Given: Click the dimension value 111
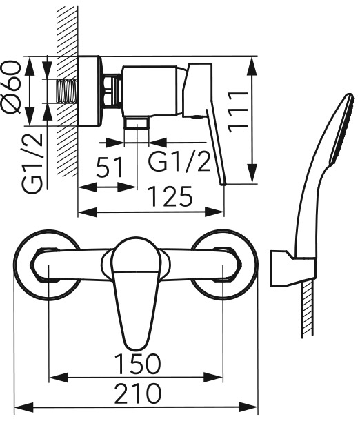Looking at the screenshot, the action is click(237, 112).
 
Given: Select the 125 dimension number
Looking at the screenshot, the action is click(170, 196).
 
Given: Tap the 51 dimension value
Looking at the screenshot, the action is click(110, 167).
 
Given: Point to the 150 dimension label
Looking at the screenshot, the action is click(137, 364).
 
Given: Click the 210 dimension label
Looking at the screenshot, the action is click(138, 393).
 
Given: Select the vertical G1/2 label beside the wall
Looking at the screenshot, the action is click(32, 163).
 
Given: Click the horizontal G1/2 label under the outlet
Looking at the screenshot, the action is click(179, 161).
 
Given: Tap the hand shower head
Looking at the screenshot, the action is click(341, 129).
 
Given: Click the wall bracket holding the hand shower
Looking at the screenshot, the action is click(293, 269).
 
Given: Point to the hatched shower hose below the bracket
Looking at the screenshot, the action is click(308, 308).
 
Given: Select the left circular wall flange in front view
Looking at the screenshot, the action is click(48, 265).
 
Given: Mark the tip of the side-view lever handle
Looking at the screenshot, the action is click(223, 184).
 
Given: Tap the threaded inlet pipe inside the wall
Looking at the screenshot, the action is click(67, 91).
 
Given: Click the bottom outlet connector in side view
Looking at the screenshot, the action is click(137, 123).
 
